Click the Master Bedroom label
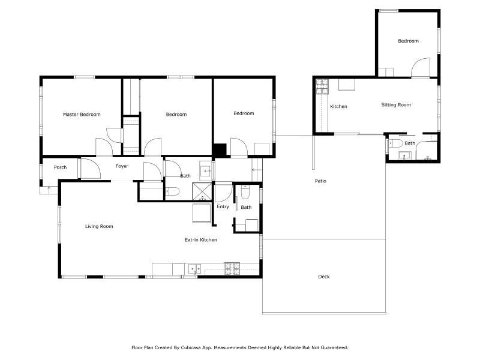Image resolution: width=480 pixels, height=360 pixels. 82,115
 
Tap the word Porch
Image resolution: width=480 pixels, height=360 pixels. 61,167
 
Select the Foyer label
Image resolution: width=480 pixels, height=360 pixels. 122,166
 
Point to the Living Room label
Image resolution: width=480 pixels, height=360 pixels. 99,227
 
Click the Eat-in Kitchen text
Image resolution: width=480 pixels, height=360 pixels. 201,239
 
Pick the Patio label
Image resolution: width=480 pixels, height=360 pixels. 320,181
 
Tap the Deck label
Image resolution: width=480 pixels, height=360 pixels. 324,277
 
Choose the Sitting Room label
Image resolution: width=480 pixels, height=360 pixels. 396,104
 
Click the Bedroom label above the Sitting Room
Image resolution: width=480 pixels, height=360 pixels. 409,41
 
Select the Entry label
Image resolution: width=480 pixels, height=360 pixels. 223,206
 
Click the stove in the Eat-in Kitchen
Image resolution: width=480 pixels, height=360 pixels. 232,268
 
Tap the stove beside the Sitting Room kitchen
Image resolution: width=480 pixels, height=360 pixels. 322,86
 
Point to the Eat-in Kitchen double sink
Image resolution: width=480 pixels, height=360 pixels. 194,268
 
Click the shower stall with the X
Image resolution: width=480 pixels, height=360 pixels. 202,191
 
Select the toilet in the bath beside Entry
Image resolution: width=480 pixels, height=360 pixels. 245,191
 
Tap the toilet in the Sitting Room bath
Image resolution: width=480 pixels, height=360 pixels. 395,143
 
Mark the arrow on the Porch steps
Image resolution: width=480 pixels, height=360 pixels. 49,189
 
